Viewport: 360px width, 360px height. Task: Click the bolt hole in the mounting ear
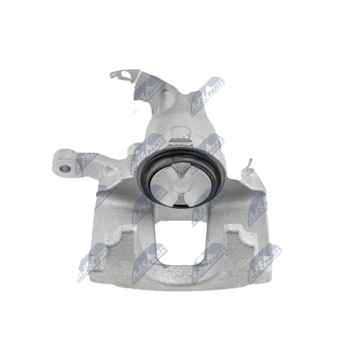[x=65, y=169]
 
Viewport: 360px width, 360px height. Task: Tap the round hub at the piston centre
[x=181, y=186]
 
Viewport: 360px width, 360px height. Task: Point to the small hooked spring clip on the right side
[x=249, y=164]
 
